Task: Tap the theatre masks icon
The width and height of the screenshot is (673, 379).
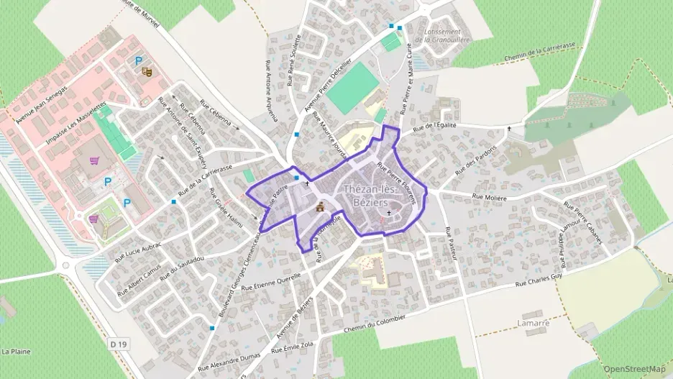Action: click(147, 72)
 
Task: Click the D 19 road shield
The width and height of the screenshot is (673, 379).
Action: click(119, 345)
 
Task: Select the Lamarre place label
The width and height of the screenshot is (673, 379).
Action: click(533, 324)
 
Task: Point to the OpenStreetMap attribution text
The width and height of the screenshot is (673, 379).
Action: click(635, 369)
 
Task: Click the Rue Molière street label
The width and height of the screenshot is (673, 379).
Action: click(490, 197)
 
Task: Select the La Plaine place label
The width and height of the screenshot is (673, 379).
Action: click(15, 352)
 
